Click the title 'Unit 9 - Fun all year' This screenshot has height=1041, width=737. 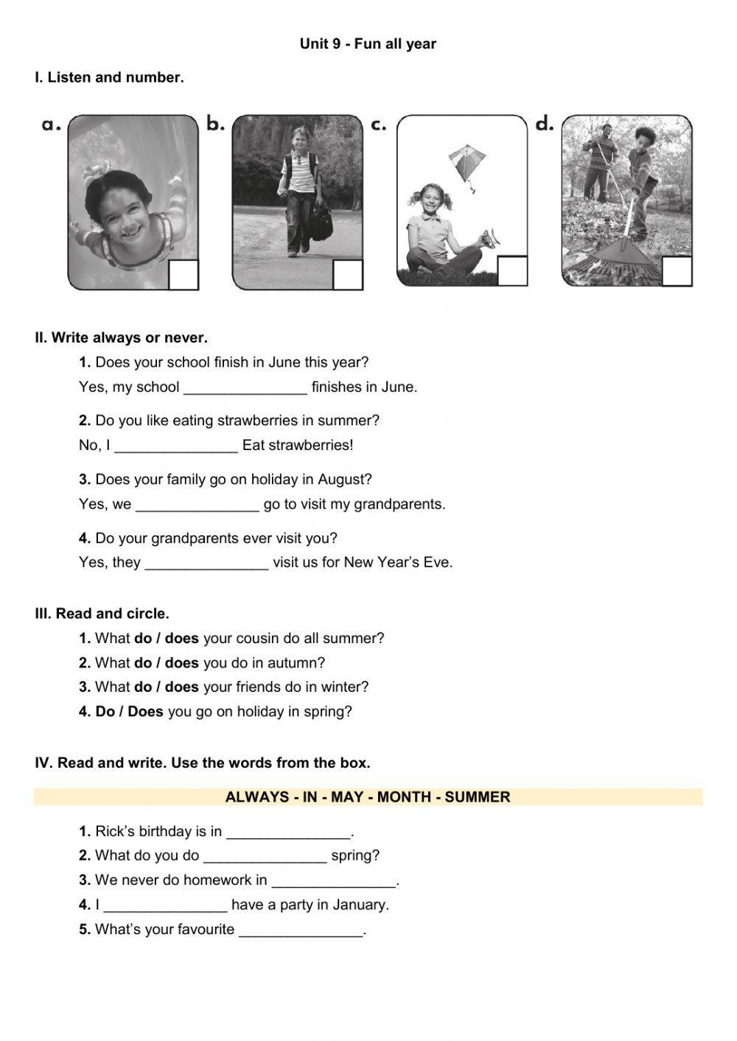tap(368, 44)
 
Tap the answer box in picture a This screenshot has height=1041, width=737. tap(184, 274)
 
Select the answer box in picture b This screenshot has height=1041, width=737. tap(348, 274)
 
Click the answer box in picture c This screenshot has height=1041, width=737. tap(512, 270)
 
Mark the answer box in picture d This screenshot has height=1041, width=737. tap(677, 270)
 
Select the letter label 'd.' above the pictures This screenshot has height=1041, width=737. tap(544, 125)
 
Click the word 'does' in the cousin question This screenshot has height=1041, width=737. tap(181, 638)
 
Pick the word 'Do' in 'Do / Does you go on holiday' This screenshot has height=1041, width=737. tap(104, 712)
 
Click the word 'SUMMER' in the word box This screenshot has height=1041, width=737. tap(477, 797)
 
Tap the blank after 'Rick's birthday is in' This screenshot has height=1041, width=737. tap(288, 833)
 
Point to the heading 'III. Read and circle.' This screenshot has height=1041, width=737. tap(102, 614)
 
